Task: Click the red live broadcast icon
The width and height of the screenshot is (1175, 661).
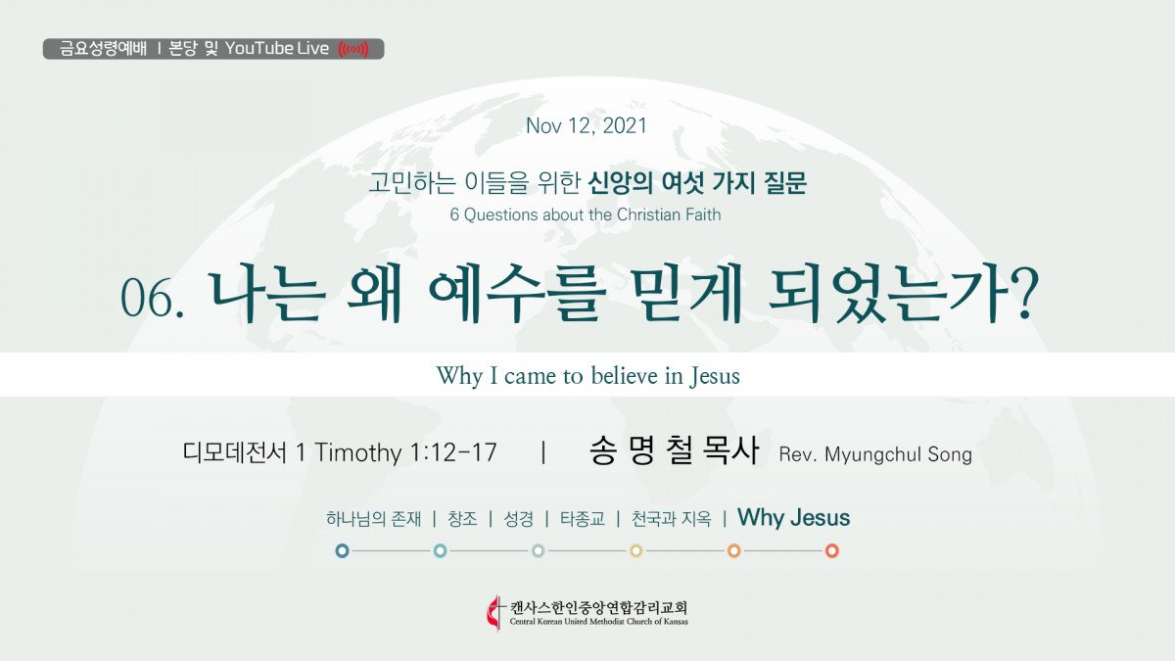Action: pos(353,49)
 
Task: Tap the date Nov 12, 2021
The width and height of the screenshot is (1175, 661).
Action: pos(587,126)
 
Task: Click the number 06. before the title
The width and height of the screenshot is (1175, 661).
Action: pos(153,298)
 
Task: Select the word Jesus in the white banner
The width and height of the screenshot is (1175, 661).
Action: pos(715,376)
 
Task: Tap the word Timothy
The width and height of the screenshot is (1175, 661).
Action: pos(358,453)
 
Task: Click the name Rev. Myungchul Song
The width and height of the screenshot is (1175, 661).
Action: pos(875,454)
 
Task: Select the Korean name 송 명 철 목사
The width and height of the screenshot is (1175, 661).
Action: pos(674,450)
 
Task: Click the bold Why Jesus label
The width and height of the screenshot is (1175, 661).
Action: pos(794,517)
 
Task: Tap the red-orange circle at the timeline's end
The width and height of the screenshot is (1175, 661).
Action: pos(832,550)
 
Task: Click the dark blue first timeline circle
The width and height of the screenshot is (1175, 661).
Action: pos(342,550)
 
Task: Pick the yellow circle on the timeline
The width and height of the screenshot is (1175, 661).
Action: pos(636,550)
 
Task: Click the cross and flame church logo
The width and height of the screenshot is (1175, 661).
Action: pos(494,612)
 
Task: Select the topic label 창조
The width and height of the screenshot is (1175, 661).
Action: pos(462,519)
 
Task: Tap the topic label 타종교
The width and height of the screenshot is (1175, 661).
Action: pos(583,519)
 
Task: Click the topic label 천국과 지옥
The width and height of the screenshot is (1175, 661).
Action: pos(672,519)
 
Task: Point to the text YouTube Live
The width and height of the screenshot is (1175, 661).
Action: pos(277,49)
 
